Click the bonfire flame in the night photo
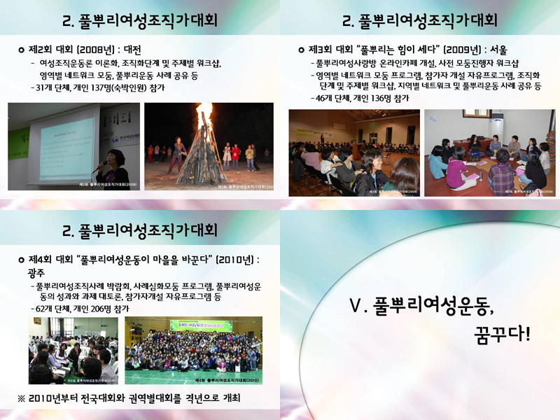click(204, 115)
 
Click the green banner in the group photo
click(201, 325)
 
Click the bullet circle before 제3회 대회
click(301, 50)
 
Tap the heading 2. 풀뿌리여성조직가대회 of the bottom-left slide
click(140, 230)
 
